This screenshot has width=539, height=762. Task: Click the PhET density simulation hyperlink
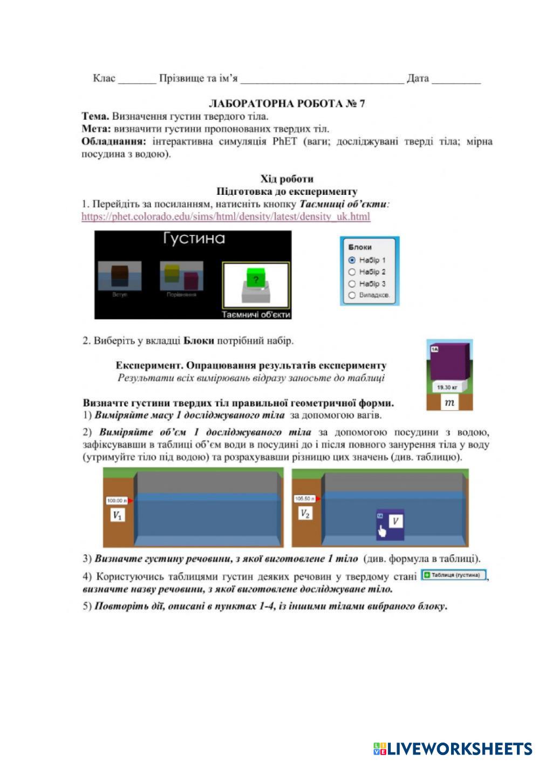coord(226,217)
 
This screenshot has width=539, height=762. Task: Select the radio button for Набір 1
coord(352,260)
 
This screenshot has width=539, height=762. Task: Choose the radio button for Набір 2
coord(352,272)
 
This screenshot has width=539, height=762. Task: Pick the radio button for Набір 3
coord(352,284)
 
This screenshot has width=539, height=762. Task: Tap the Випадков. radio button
coord(352,295)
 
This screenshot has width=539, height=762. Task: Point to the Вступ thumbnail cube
coord(119,275)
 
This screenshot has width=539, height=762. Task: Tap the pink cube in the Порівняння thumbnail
coord(191,280)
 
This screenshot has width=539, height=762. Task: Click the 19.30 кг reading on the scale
coord(447,387)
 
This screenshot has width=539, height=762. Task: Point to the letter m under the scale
coord(449,403)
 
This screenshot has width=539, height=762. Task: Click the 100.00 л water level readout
coord(117,500)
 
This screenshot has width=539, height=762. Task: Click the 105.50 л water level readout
coord(305,499)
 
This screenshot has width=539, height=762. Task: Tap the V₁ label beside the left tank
coord(117,515)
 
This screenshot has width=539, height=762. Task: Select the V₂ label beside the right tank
coord(305,513)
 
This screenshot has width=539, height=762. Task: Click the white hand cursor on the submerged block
coord(382,531)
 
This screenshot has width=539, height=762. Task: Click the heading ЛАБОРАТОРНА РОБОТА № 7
coord(286,104)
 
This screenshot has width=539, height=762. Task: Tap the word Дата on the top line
coord(418,79)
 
